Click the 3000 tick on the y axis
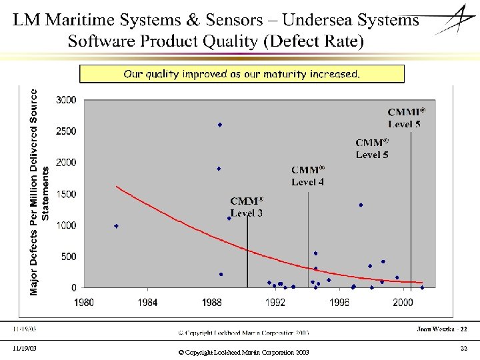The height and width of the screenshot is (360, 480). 66,100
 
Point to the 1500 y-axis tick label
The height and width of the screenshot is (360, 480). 66,194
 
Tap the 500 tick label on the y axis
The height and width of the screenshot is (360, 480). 68,257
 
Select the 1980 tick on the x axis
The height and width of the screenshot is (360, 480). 84,303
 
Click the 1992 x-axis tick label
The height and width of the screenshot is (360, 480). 276,303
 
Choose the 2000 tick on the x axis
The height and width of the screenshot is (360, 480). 403,303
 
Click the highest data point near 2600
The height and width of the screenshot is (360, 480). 219,125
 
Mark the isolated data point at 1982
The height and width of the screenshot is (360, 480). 116,226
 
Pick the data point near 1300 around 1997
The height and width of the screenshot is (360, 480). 361,205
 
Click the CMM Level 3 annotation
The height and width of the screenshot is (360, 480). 247,207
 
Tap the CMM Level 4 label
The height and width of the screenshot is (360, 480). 308,175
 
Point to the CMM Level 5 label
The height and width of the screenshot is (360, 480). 372,148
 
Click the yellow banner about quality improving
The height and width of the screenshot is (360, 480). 241,74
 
